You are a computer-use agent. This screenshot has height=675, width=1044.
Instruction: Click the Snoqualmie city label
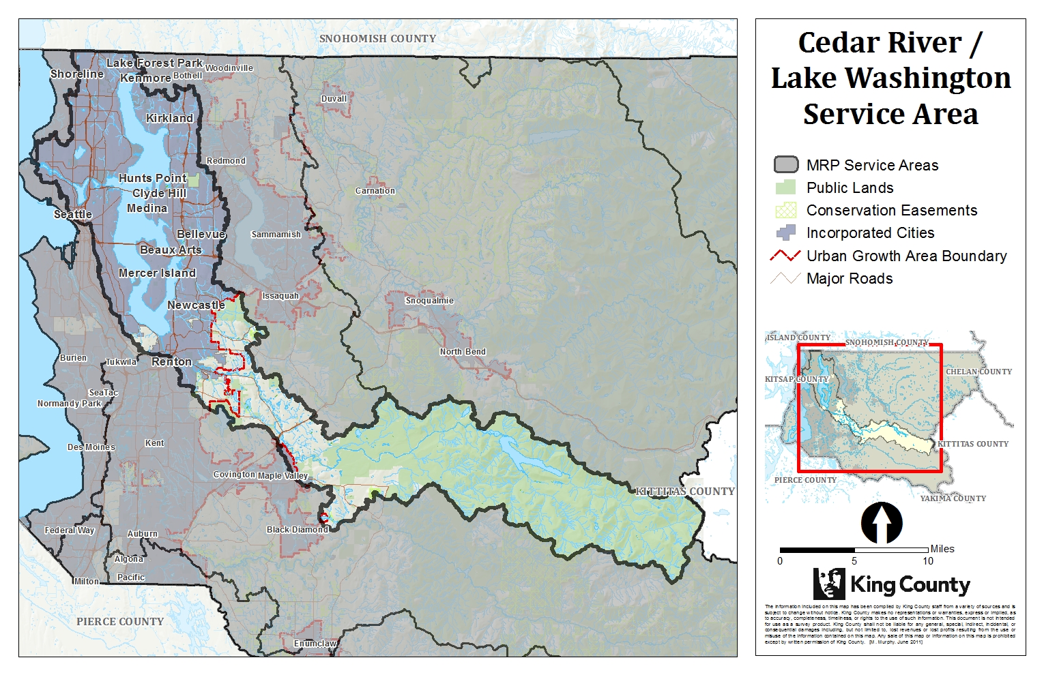429,301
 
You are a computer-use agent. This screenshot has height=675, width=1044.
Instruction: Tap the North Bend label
463,352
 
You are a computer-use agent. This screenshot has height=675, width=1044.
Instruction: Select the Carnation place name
375,191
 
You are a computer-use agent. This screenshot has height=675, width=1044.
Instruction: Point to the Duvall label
334,99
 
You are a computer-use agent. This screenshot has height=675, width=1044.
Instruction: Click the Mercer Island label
157,273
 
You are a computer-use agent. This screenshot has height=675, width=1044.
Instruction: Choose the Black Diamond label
298,530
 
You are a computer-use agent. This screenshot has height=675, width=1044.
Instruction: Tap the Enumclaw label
315,644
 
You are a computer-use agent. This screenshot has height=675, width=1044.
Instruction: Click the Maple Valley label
283,476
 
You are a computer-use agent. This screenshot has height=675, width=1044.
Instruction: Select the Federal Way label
70,530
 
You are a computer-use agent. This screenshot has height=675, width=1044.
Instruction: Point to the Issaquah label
280,296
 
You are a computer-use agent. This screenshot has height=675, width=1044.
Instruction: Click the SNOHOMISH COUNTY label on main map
377,39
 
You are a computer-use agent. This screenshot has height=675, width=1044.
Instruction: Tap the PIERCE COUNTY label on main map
120,622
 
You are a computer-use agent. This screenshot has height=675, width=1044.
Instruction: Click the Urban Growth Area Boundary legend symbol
785,256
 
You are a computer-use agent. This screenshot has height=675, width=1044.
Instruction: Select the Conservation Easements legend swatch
785,210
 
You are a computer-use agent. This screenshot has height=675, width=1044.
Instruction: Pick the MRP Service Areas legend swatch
785,165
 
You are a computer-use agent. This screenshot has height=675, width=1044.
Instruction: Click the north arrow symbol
882,523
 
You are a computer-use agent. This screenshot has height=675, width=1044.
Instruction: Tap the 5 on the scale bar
854,561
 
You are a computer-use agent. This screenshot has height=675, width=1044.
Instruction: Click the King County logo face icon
829,584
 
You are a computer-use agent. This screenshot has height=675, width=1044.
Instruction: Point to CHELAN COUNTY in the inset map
978,372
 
